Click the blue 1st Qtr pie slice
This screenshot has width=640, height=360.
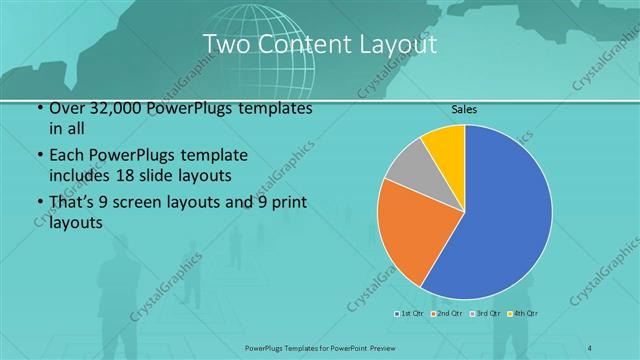(x=505, y=220)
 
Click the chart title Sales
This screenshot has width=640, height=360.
(x=464, y=108)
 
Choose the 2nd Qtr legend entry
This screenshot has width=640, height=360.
(x=446, y=314)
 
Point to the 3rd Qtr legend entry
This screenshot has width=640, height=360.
(x=486, y=314)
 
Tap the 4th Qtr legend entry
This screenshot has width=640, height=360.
(x=524, y=314)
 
